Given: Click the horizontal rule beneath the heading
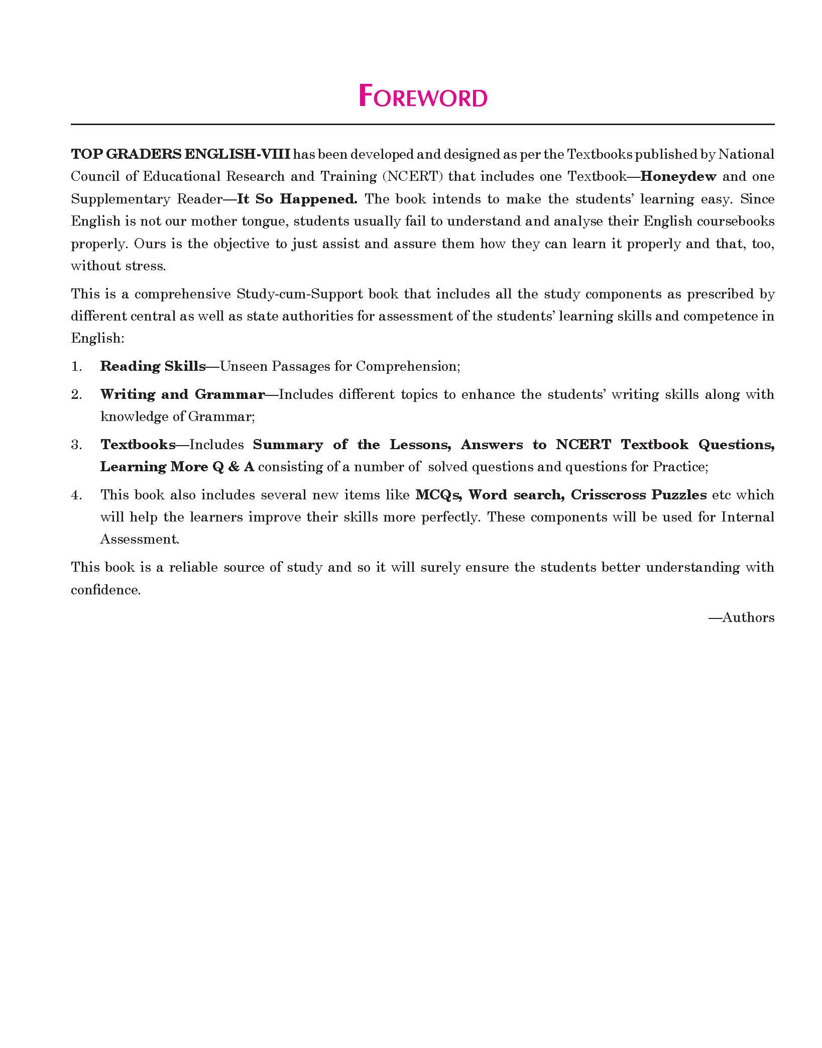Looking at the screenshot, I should pos(422,124).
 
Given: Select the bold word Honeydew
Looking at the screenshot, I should pos(678,176).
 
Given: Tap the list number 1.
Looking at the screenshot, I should pos(76,366).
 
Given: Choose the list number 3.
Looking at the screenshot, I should pos(76,445).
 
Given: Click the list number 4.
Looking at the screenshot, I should pos(76,495).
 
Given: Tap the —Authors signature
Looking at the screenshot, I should pos(741,618).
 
